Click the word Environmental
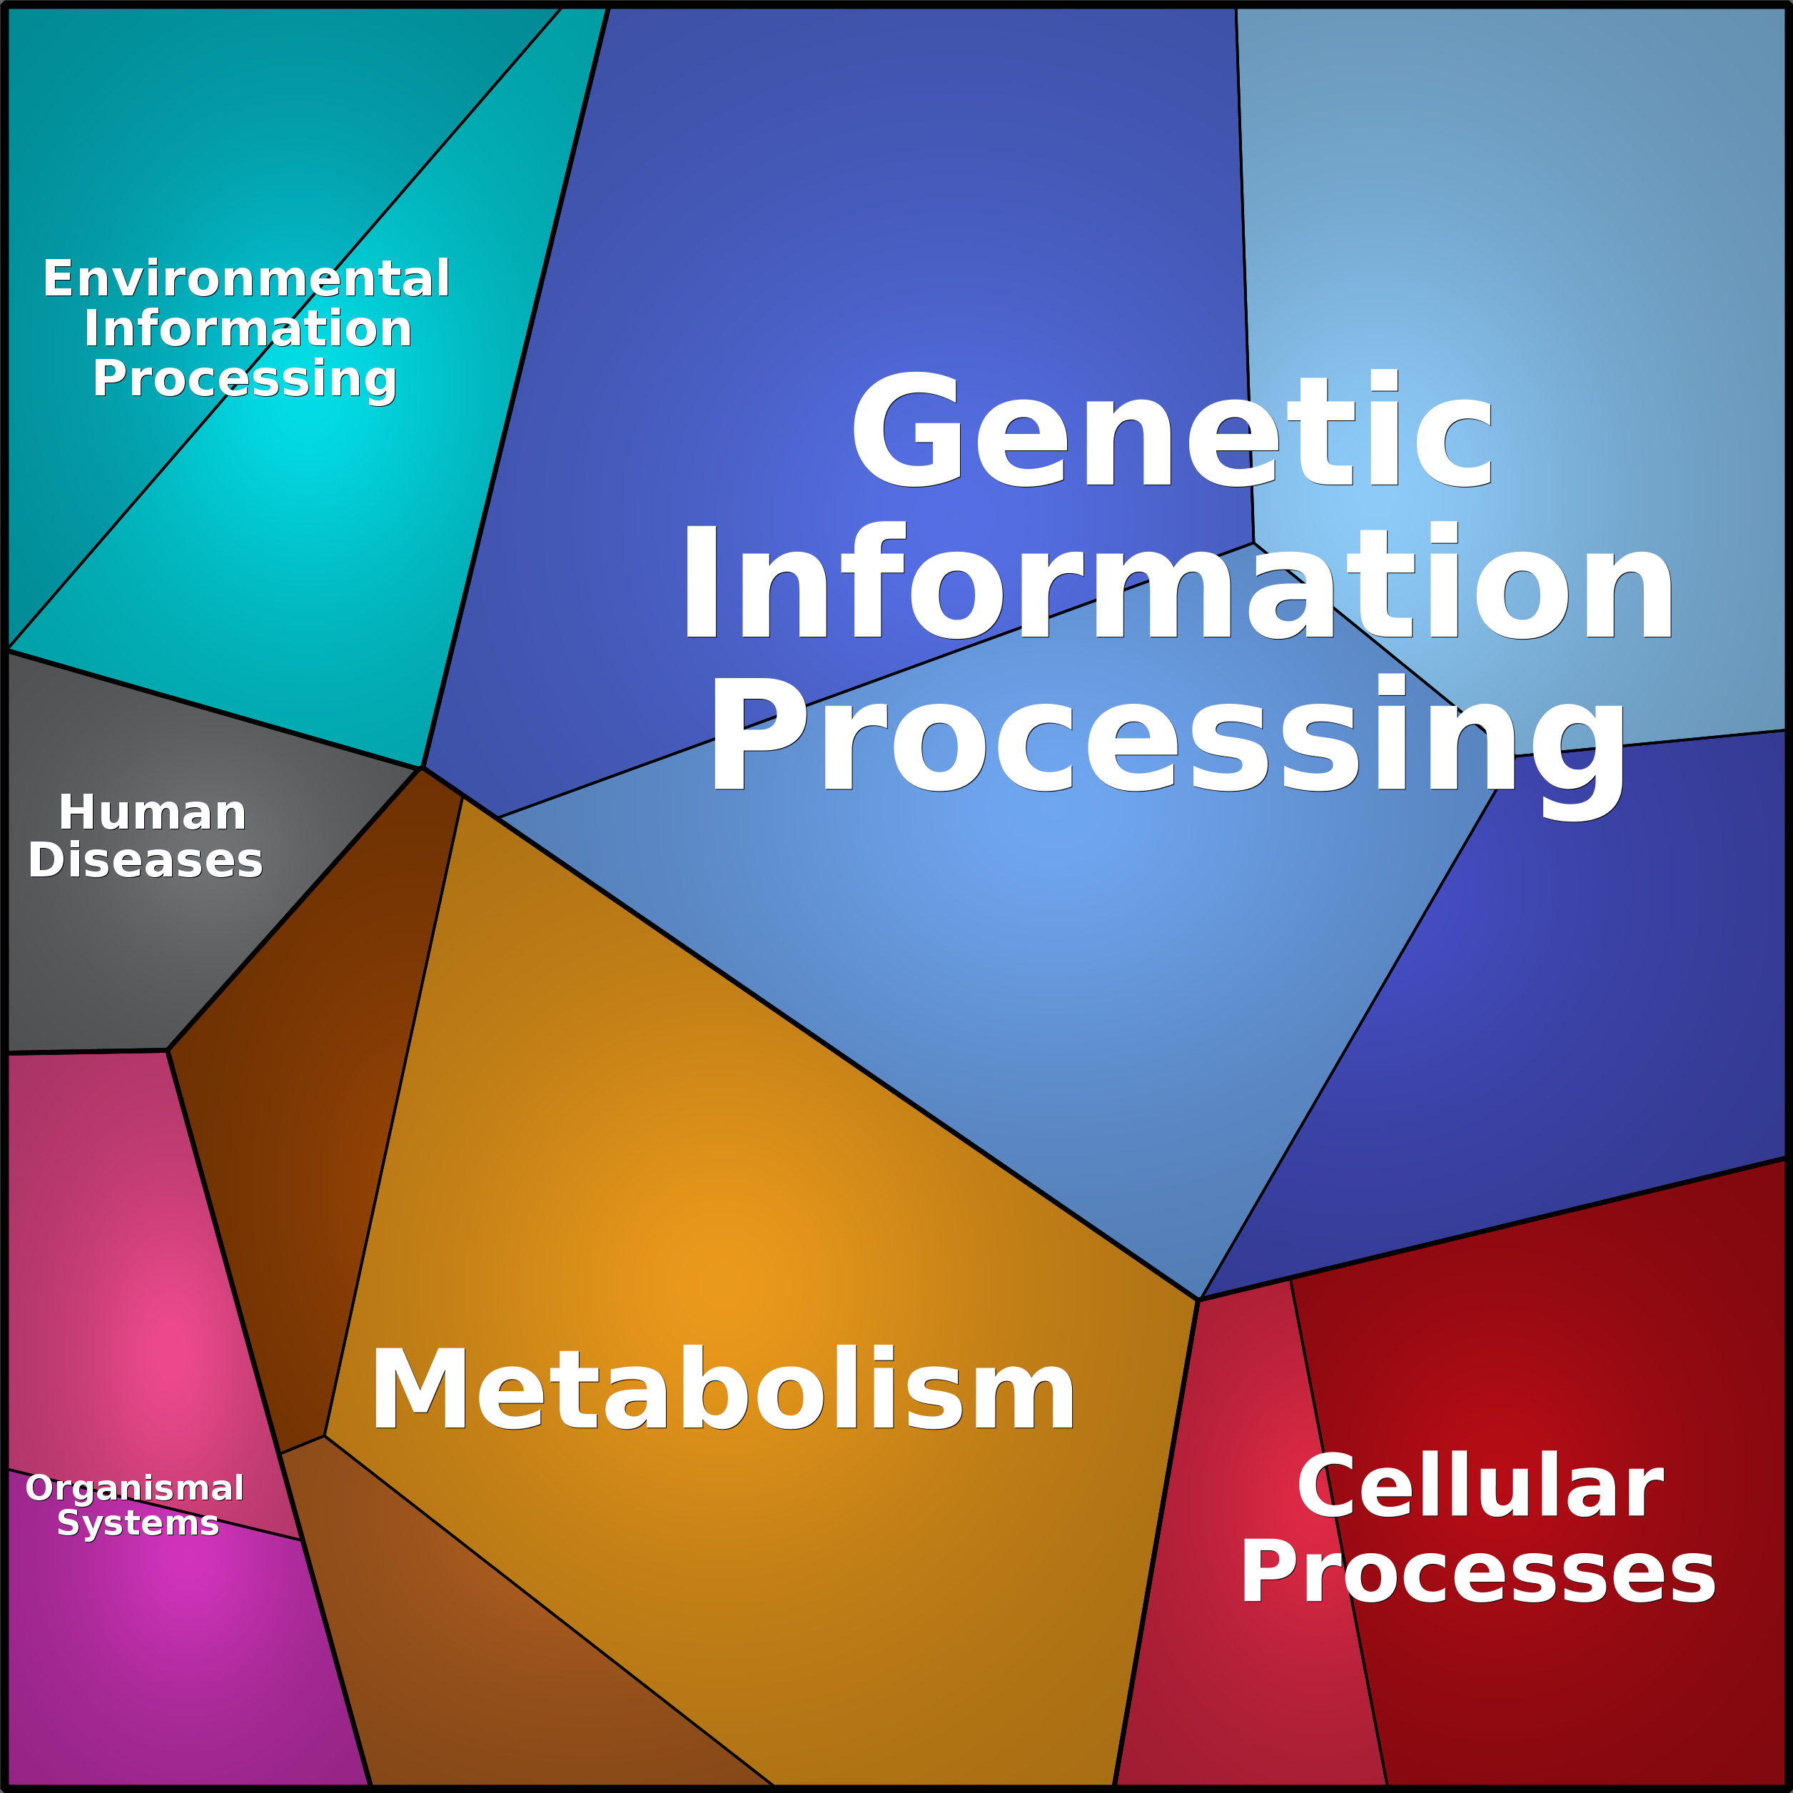[246, 278]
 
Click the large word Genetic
[1171, 429]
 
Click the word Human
[152, 813]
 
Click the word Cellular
[1480, 1487]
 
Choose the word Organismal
[135, 1489]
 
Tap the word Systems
[138, 1523]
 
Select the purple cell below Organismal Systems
[176, 1652]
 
